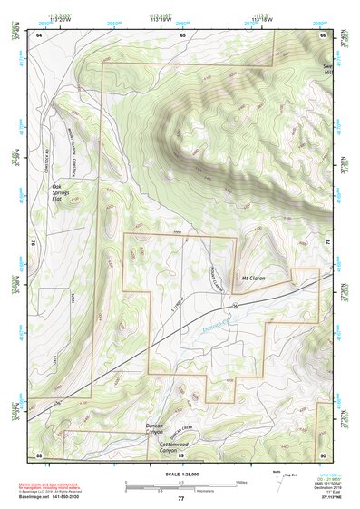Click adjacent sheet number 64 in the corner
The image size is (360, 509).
[x=39, y=35]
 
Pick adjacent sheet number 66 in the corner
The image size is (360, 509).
[x=323, y=35]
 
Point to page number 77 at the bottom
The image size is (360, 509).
[x=180, y=499]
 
